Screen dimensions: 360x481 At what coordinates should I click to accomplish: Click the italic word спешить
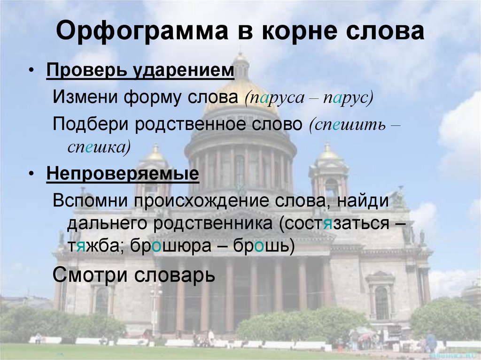pyautogui.click(x=348, y=124)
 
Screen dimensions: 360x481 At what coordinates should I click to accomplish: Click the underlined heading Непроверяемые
pyautogui.click(x=123, y=175)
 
